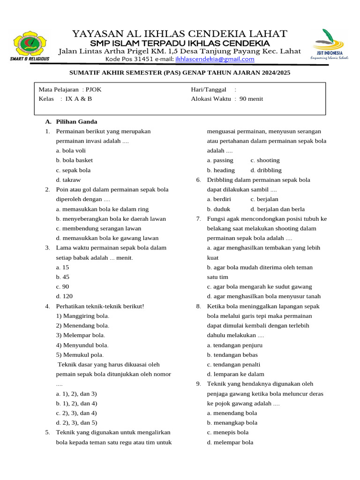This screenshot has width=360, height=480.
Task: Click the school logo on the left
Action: (x=30, y=45)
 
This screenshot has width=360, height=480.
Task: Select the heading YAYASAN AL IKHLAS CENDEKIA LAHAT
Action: (x=180, y=34)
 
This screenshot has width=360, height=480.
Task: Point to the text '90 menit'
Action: (x=251, y=99)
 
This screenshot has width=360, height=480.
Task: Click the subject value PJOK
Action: (x=93, y=89)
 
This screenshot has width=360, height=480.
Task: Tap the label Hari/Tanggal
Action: (x=209, y=89)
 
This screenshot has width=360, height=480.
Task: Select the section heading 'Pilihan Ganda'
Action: (x=76, y=121)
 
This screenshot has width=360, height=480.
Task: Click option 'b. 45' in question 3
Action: (x=62, y=277)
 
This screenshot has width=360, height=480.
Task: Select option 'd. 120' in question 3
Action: (x=64, y=296)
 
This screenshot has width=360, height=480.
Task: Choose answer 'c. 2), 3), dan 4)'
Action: (x=76, y=413)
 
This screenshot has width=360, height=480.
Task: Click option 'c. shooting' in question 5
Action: (x=265, y=160)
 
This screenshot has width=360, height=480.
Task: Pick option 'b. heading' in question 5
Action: (x=221, y=170)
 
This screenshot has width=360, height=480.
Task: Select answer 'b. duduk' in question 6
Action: (x=219, y=209)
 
